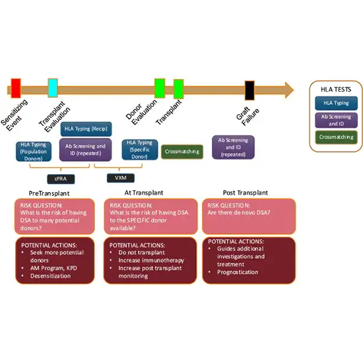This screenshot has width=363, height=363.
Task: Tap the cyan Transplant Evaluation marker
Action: [x=53, y=87]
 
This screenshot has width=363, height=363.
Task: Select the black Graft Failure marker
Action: [x=249, y=89]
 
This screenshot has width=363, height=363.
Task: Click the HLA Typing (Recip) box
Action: [x=85, y=129]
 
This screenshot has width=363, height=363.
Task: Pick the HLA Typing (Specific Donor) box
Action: [x=139, y=150]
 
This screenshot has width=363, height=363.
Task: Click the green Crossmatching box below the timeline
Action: [x=182, y=151]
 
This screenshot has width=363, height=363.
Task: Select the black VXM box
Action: [x=121, y=178]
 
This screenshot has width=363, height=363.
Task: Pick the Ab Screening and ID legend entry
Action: [x=335, y=120]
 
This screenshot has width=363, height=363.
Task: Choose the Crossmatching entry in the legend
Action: [x=335, y=138]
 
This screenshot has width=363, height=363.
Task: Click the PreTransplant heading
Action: [x=49, y=193]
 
